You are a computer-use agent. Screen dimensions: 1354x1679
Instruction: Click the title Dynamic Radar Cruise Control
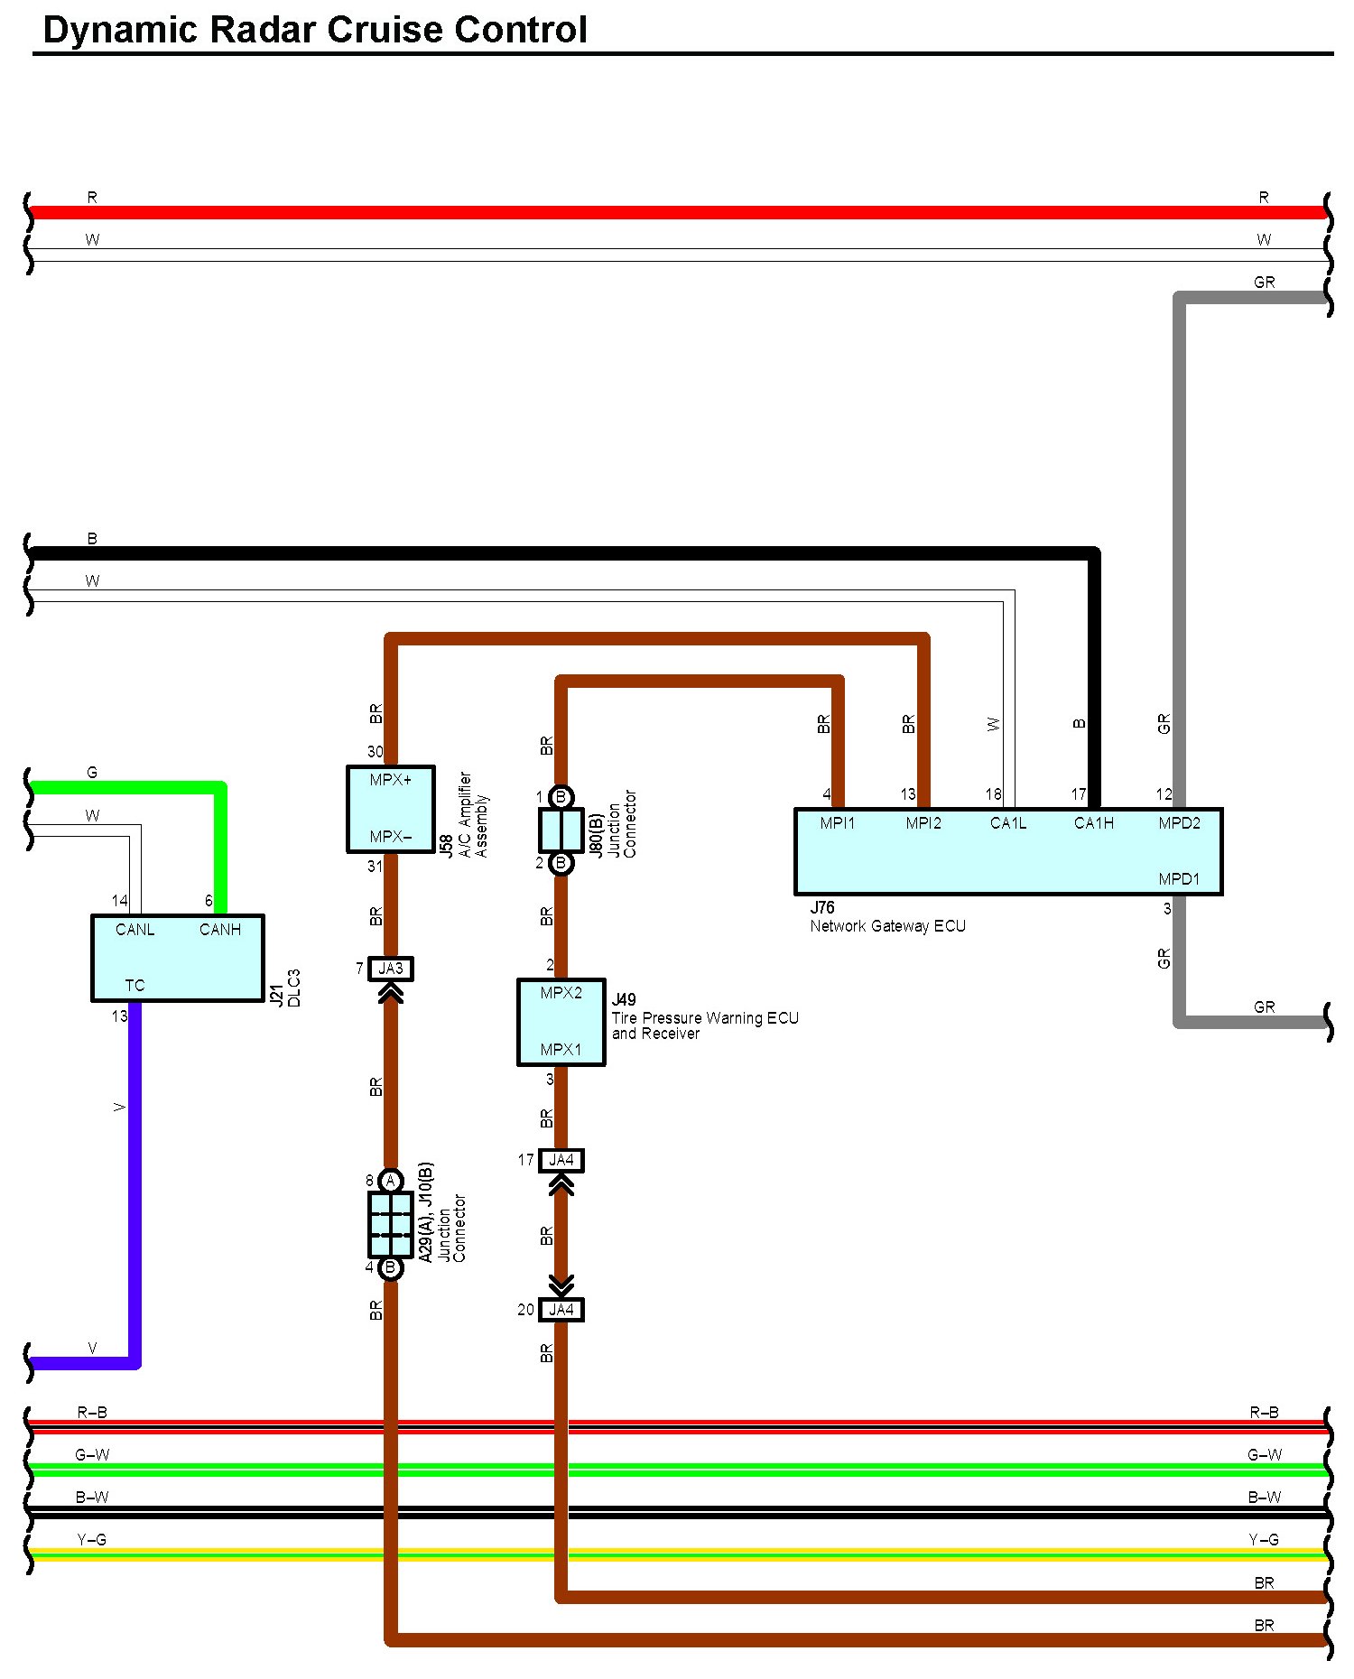pyautogui.click(x=315, y=30)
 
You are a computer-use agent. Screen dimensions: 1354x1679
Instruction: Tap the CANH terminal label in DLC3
pyautogui.click(x=220, y=930)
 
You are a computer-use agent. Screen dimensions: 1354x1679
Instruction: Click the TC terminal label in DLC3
pyautogui.click(x=134, y=986)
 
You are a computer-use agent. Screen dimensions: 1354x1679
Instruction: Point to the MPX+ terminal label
pyautogui.click(x=391, y=780)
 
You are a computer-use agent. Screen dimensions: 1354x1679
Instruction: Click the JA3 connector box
pyautogui.click(x=391, y=969)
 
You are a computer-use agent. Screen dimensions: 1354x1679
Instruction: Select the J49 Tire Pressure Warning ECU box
pyautogui.click(x=561, y=1022)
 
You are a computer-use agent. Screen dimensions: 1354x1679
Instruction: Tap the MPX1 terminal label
pyautogui.click(x=561, y=1050)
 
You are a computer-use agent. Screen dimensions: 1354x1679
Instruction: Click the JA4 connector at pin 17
pyautogui.click(x=561, y=1160)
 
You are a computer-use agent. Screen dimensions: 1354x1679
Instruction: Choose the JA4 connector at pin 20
pyautogui.click(x=561, y=1310)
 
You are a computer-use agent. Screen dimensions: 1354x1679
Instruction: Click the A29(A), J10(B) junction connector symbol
pyautogui.click(x=391, y=1225)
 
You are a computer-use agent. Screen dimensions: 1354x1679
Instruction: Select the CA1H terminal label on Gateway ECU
pyautogui.click(x=1094, y=823)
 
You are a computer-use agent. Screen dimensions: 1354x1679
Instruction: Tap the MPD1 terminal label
pyautogui.click(x=1179, y=879)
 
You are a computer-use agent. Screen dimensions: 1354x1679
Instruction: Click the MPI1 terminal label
pyautogui.click(x=838, y=823)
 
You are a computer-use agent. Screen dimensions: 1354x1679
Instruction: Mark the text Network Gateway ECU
pyautogui.click(x=888, y=926)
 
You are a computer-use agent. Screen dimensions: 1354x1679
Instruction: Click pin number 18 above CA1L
pyautogui.click(x=993, y=794)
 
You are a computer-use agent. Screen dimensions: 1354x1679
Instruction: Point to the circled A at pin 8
pyautogui.click(x=391, y=1181)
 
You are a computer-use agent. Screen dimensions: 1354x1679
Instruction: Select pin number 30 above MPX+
pyautogui.click(x=376, y=752)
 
